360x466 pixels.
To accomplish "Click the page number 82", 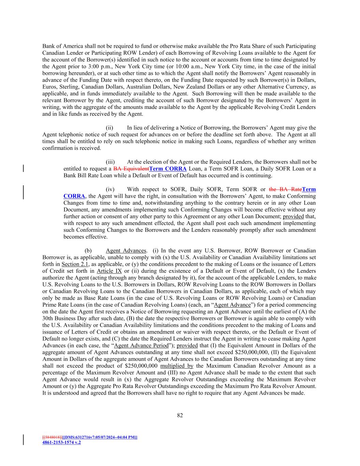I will point(180,415).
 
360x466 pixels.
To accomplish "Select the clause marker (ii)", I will point(109,128).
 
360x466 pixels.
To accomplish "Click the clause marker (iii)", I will point(110,162).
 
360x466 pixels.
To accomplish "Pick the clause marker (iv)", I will point(110,189).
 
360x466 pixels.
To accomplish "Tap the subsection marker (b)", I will point(88,251).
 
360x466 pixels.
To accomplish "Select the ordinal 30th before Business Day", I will point(48,318).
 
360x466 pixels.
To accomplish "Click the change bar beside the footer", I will point(23,440).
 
